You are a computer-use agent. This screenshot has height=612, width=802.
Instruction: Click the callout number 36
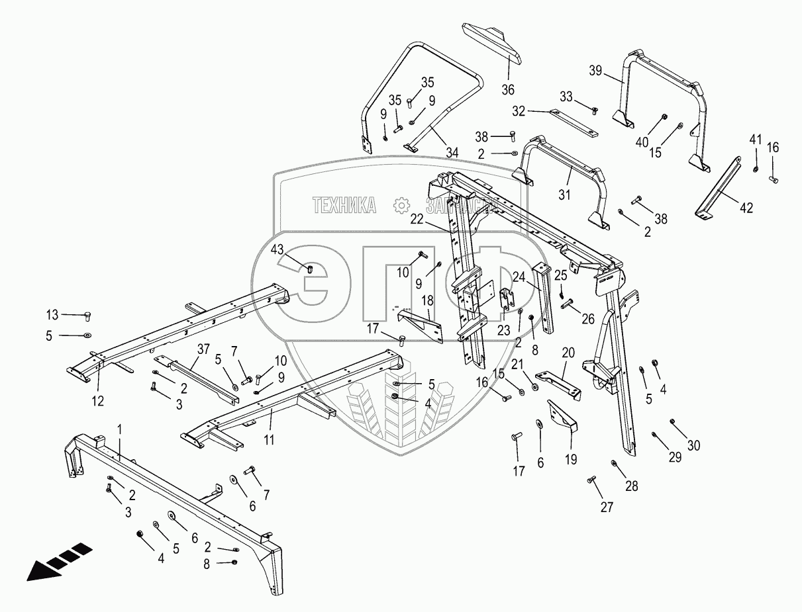point(507,89)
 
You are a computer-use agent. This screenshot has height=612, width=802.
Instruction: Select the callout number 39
point(596,71)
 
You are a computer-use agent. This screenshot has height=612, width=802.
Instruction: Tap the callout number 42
point(746,208)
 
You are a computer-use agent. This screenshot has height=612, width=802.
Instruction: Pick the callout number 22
point(416,218)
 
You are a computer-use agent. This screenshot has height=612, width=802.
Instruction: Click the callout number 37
point(203,349)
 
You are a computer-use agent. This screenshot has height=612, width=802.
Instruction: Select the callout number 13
point(52,314)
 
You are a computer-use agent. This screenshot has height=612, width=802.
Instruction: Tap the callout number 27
point(607,507)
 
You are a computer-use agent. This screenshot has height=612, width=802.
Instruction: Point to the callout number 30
point(693,445)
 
